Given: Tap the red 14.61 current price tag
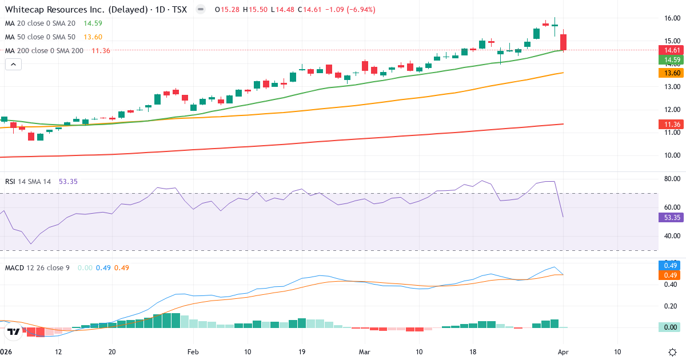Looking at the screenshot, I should click(670, 50).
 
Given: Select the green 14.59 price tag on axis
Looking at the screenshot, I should click(670, 60).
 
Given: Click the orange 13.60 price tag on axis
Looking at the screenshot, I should click(670, 73).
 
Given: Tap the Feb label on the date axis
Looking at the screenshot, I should click(193, 351).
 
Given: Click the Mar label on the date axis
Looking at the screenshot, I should click(365, 351).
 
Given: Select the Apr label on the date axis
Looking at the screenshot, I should click(564, 351).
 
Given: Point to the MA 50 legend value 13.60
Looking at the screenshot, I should click(93, 37).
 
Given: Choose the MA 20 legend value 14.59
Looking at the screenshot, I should click(93, 23).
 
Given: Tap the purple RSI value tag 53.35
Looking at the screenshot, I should click(670, 217).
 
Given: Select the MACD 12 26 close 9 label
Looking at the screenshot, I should click(37, 267).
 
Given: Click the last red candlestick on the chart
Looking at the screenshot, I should click(563, 42).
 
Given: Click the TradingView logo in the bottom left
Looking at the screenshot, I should click(14, 331).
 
